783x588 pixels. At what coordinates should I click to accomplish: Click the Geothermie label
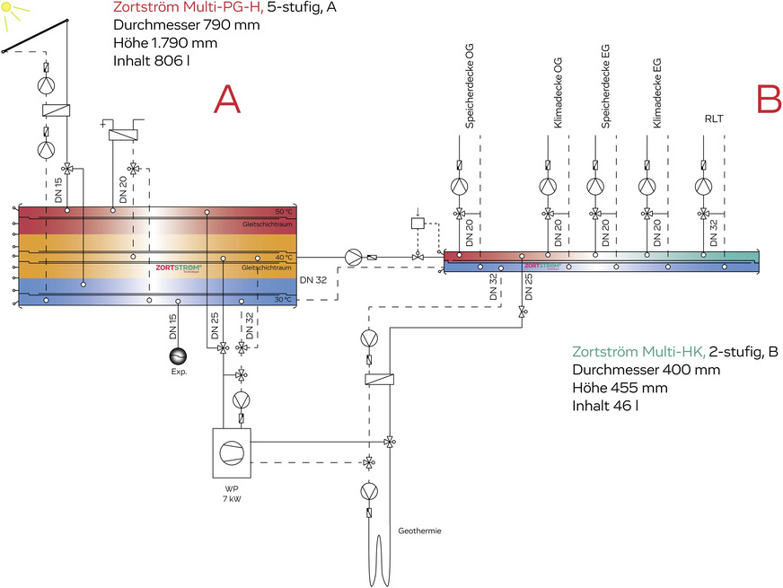pyautogui.click(x=418, y=531)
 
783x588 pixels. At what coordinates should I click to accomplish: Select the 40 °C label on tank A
pyautogui.click(x=285, y=257)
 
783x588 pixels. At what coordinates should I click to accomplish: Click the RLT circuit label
pyautogui.click(x=715, y=118)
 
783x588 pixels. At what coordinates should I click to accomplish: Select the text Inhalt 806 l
pyautogui.click(x=152, y=61)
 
